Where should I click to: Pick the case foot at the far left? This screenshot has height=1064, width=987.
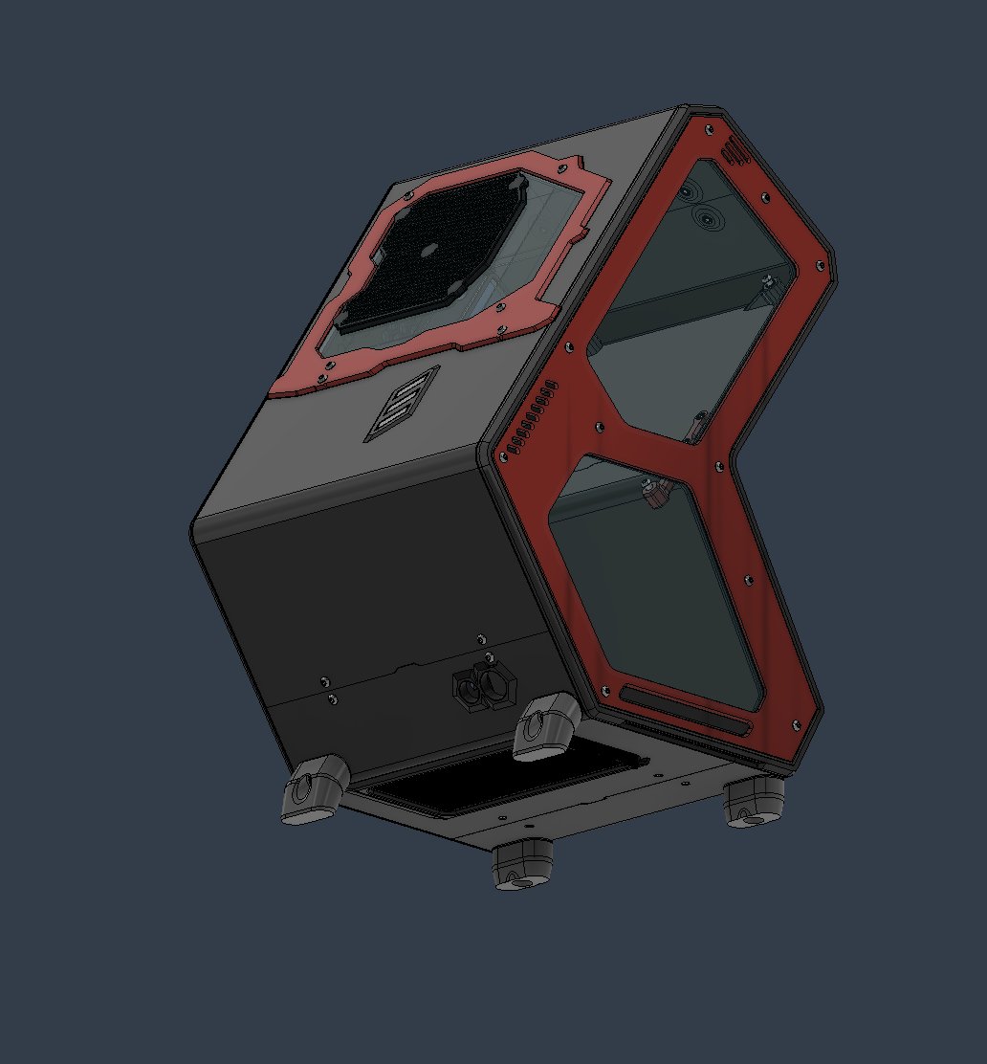pyautogui.click(x=312, y=789)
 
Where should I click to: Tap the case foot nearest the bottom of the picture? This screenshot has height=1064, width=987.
pyautogui.click(x=522, y=864)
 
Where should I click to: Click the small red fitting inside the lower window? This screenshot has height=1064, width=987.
pyautogui.click(x=654, y=492)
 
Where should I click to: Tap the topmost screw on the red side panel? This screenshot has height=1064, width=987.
pyautogui.click(x=708, y=126)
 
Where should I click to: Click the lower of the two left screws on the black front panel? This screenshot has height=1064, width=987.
pyautogui.click(x=331, y=699)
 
